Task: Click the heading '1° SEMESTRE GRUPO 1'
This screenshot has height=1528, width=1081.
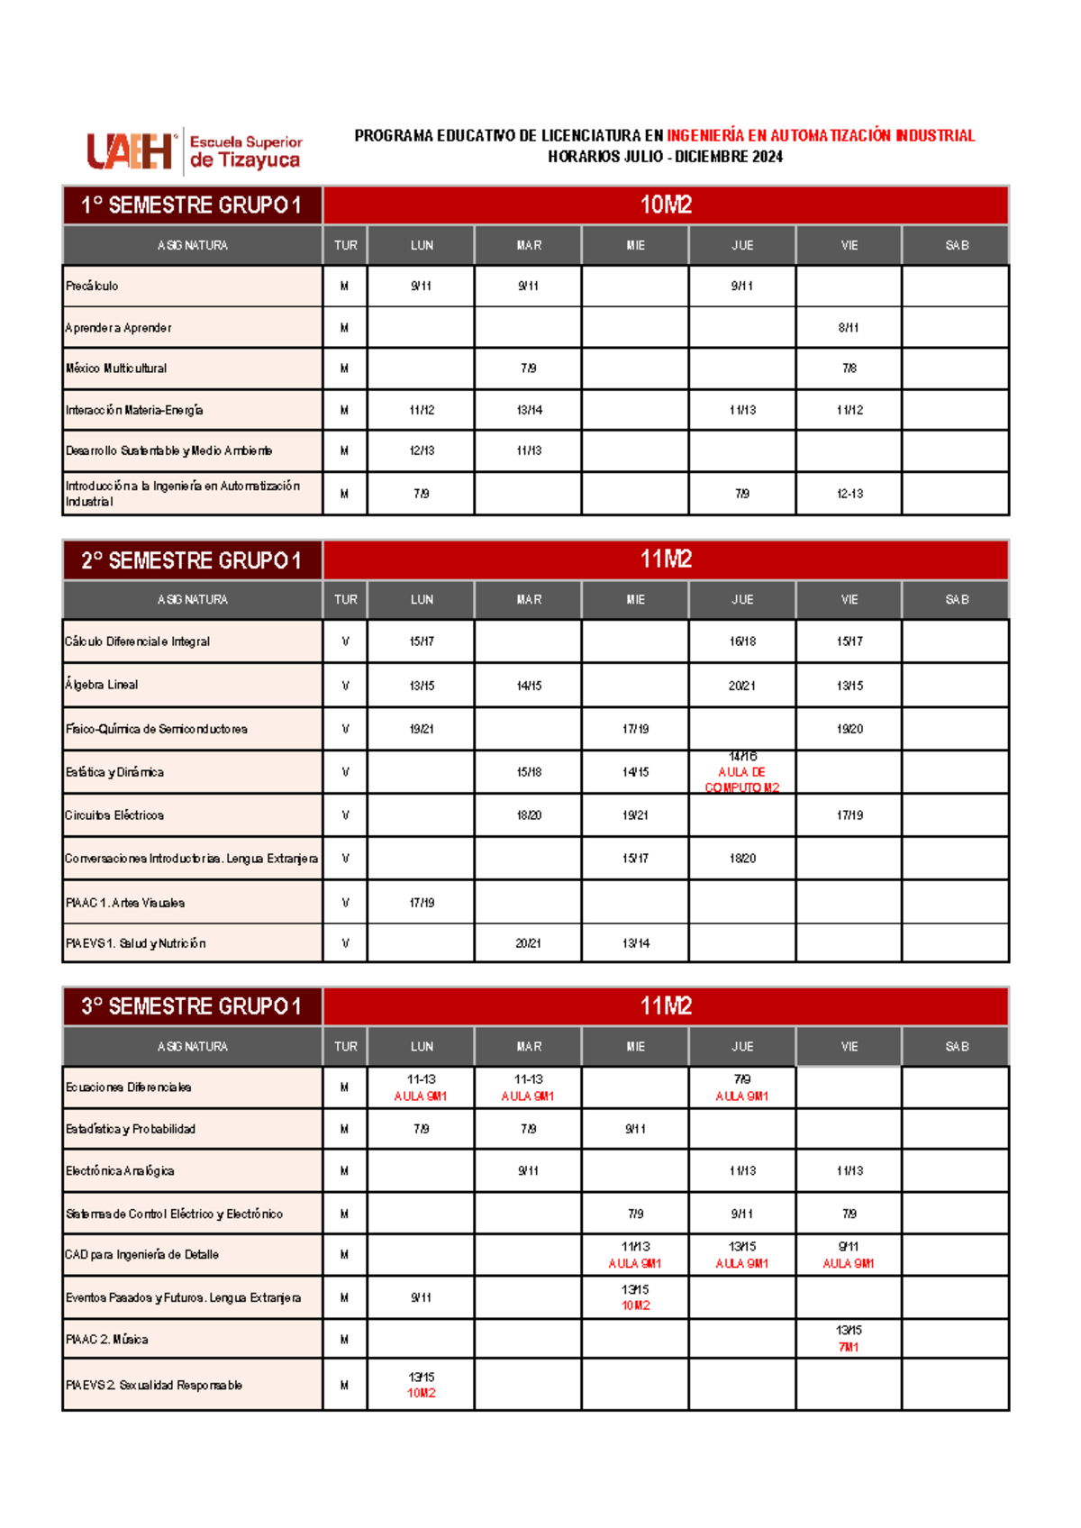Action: pyautogui.click(x=191, y=205)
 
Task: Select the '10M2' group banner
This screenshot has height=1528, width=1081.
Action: pyautogui.click(x=666, y=205)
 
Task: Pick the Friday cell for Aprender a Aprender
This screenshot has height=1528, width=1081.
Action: pyautogui.click(x=849, y=328)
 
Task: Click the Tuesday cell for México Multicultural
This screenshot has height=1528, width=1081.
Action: pyautogui.click(x=529, y=368)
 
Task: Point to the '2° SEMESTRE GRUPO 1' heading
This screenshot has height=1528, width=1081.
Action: pyautogui.click(x=191, y=560)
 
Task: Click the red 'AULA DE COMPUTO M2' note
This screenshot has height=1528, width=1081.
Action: pyautogui.click(x=742, y=779)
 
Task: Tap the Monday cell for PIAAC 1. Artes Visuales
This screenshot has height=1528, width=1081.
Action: pyautogui.click(x=422, y=902)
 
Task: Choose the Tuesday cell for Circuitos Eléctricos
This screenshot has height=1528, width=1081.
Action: pyautogui.click(x=529, y=815)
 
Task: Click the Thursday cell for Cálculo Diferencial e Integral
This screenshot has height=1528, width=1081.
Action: pyautogui.click(x=742, y=641)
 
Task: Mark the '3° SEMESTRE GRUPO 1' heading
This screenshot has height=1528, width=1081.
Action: pyautogui.click(x=191, y=1006)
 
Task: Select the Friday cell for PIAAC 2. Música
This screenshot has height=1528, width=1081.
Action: pyautogui.click(x=849, y=1339)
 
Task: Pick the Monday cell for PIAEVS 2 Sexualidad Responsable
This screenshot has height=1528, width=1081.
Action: pyautogui.click(x=422, y=1385)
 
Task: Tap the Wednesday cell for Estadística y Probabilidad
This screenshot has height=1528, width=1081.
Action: pyautogui.click(x=635, y=1129)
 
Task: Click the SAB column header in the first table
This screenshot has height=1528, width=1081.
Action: pyautogui.click(x=957, y=245)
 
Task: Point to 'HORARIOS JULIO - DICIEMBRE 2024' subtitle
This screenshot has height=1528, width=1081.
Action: pyautogui.click(x=665, y=157)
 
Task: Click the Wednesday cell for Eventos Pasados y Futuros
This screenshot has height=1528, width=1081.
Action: pyautogui.click(x=635, y=1297)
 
